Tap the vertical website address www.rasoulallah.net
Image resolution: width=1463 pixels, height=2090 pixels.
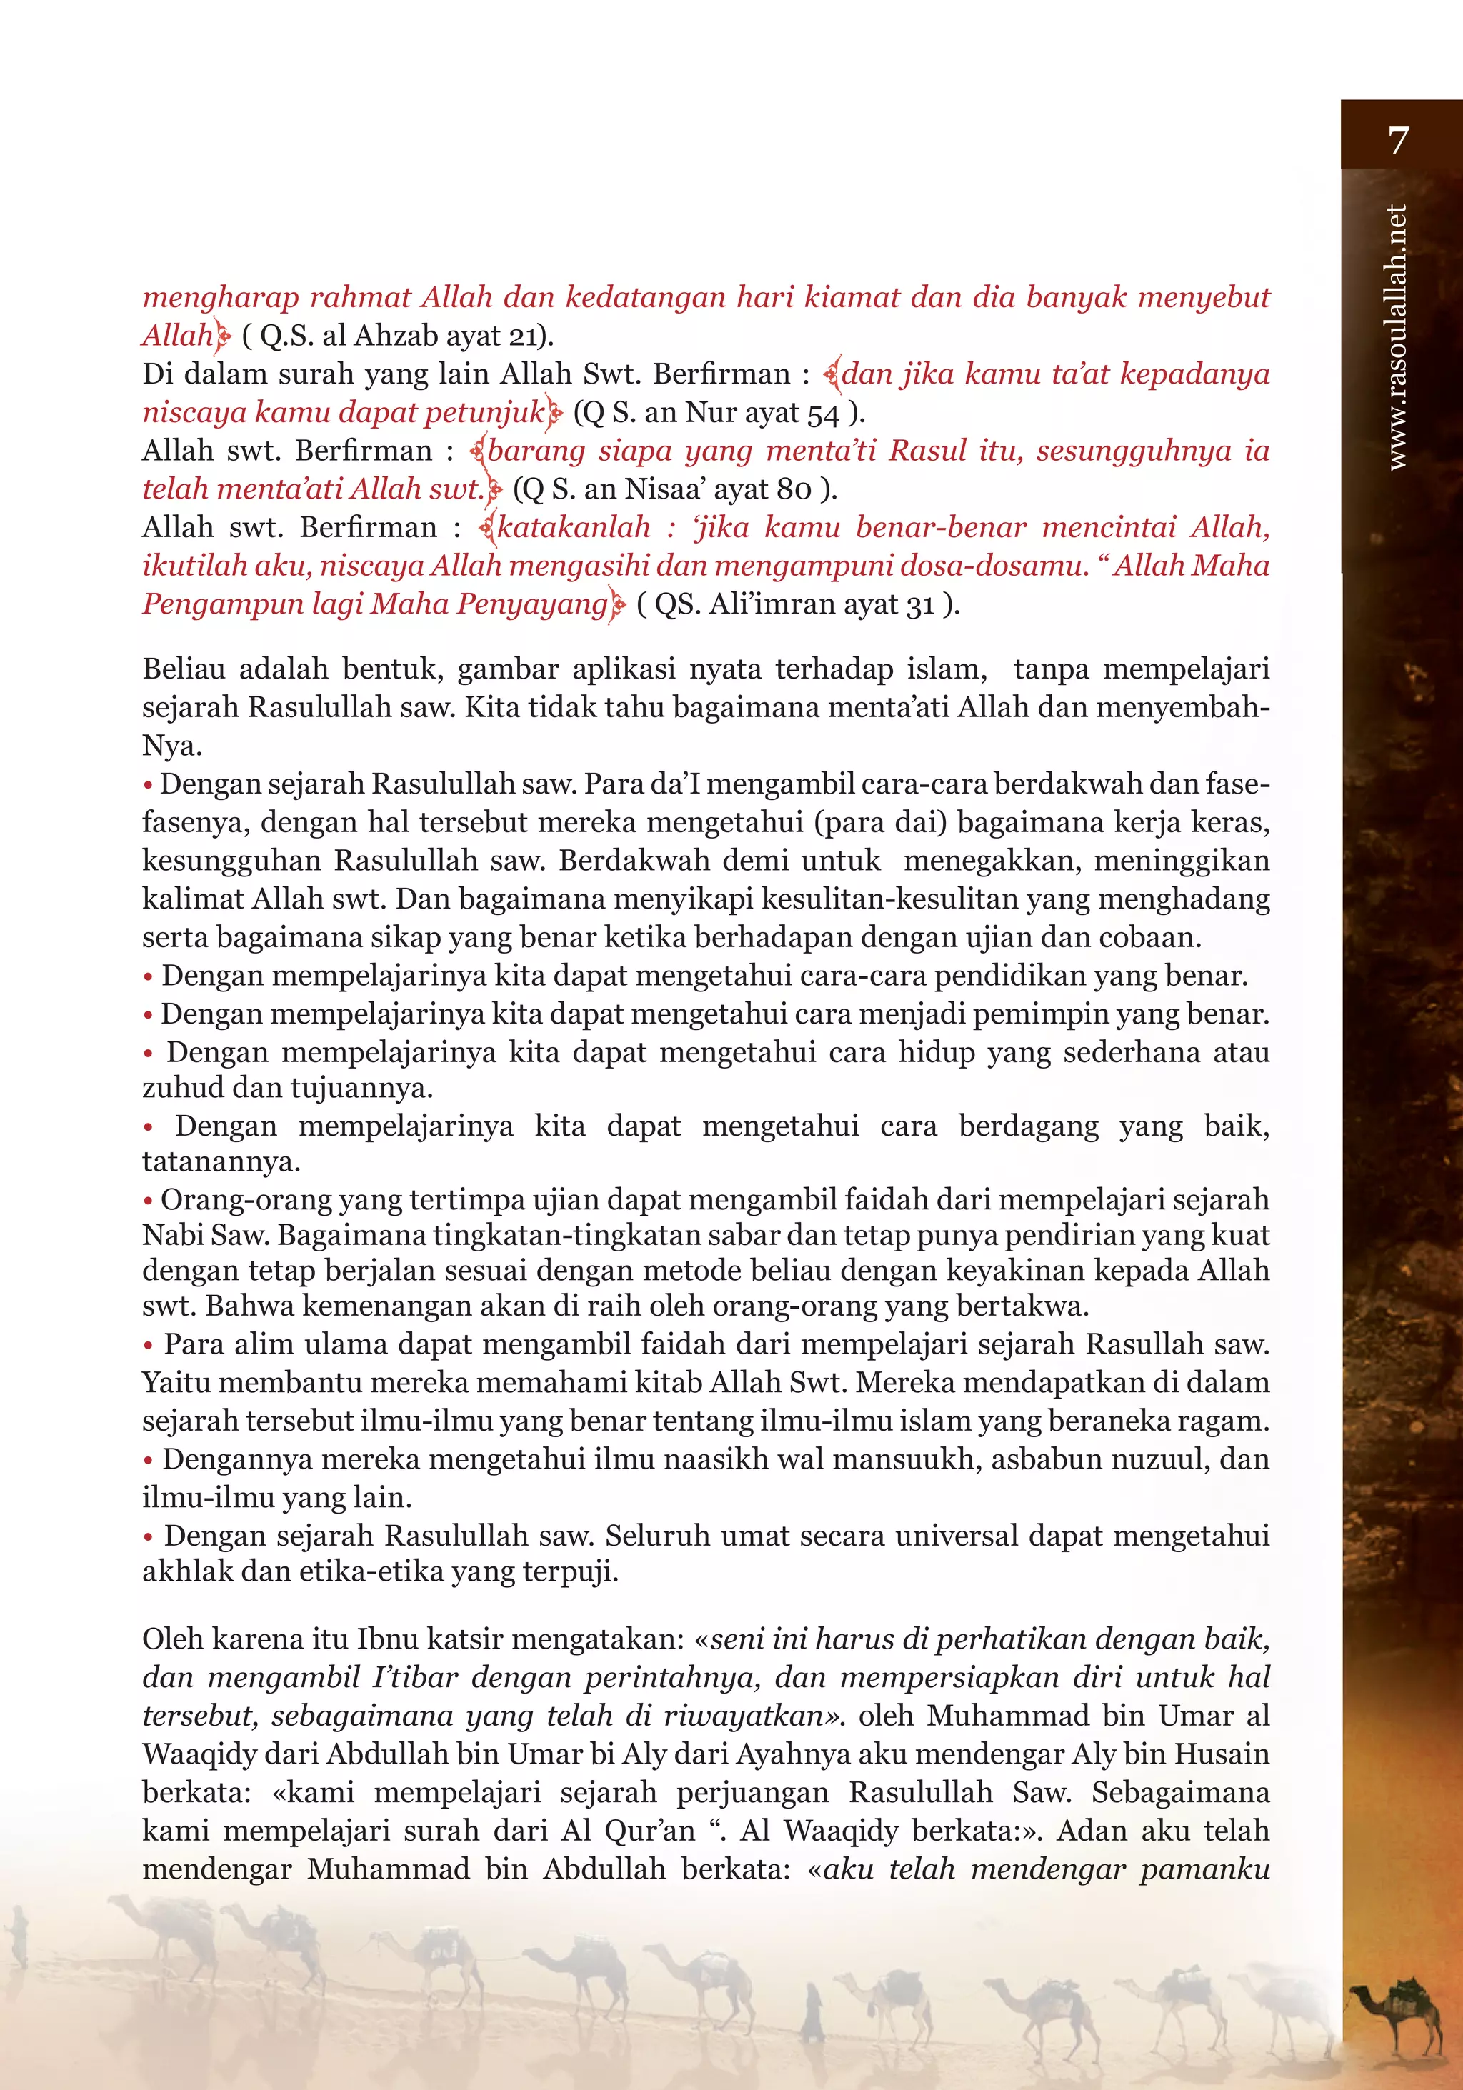pyautogui.click(x=1397, y=338)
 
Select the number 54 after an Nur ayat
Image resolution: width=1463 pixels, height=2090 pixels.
pyautogui.click(x=822, y=414)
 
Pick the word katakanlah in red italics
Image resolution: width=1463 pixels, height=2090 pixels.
pyautogui.click(x=574, y=528)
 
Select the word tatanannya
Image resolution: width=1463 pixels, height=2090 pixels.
pyautogui.click(x=221, y=1162)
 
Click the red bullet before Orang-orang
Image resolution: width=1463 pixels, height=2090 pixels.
pyautogui.click(x=147, y=1201)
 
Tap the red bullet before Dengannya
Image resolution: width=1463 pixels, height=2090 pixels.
pyautogui.click(x=147, y=1461)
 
